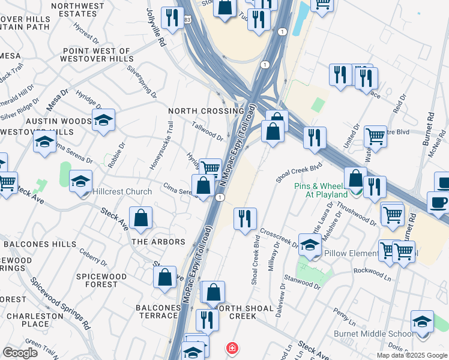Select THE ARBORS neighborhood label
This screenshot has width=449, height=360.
[158, 242]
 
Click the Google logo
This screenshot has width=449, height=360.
[20, 352]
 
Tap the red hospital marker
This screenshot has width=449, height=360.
[232, 347]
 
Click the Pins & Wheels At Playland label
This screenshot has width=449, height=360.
[321, 190]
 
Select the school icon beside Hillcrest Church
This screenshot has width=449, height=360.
[81, 181]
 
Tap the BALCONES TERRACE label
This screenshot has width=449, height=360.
[158, 312]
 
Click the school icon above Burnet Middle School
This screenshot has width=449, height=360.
[422, 322]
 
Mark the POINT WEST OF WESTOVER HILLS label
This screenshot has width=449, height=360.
[95, 55]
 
